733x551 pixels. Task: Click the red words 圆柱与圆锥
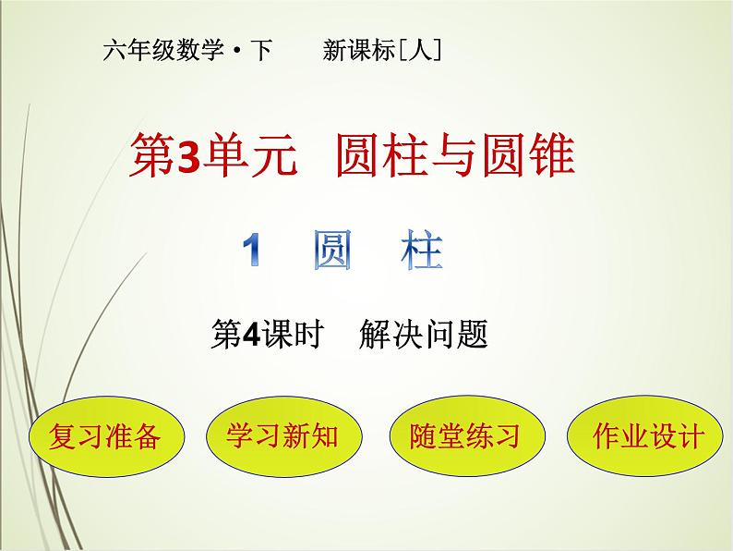[x=457, y=155]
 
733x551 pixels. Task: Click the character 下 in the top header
[x=261, y=52]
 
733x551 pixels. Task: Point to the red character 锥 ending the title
[x=553, y=155]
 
